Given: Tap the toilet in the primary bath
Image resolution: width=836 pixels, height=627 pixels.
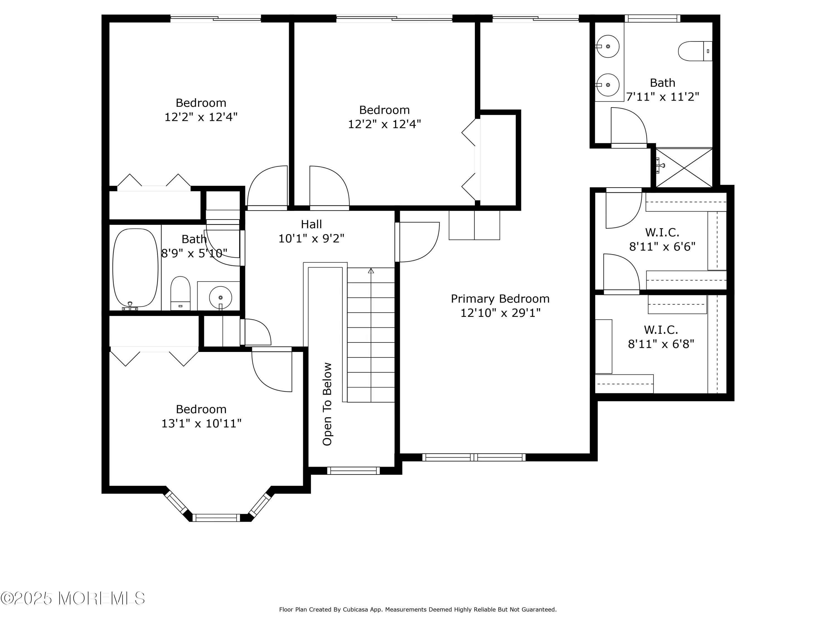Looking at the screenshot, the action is pos(695,51).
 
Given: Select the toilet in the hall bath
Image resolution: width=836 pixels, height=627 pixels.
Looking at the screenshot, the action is pos(180,293).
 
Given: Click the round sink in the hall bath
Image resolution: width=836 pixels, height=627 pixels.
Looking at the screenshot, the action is pos(220,298).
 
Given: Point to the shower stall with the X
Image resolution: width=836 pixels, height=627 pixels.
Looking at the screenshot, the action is pos(684,167).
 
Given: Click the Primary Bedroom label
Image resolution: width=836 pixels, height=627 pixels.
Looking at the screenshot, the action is pos(500,298).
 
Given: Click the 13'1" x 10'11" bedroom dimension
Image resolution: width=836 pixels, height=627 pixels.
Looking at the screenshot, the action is pos(201,423).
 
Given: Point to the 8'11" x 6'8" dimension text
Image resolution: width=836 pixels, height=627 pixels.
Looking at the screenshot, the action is pos(661,344).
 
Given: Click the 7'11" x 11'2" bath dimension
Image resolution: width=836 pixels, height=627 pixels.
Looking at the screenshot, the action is pos(662,97).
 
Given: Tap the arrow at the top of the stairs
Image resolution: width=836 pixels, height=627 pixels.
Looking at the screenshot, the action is pos(371,271).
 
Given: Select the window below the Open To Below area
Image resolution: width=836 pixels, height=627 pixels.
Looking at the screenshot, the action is pos(353,471).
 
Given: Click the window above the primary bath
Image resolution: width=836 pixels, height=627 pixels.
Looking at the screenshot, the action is pos(652,18).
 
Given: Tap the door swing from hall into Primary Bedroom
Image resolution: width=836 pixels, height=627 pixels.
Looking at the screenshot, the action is pos(417,242).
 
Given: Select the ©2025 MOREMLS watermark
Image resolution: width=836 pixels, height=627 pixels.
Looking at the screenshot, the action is pos(72,598).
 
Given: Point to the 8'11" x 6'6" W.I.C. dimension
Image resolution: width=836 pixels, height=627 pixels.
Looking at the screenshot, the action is pos(662,246).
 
